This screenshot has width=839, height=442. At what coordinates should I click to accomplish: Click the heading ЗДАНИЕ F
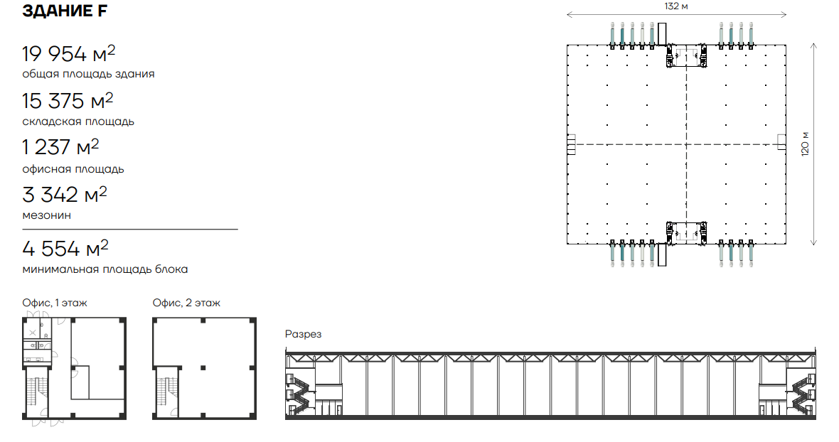[x=65, y=11]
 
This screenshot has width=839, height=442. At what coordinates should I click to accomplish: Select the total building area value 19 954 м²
[x=68, y=53]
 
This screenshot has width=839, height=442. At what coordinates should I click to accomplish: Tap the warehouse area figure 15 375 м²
[x=68, y=100]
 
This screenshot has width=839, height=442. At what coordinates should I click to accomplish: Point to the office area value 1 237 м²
[x=60, y=147]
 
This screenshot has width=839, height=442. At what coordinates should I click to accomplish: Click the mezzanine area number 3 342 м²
[x=64, y=195]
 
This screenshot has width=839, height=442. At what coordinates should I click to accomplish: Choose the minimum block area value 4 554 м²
[x=65, y=248]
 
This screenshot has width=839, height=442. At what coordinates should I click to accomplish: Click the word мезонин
[x=46, y=215]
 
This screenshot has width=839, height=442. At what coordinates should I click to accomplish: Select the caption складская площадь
[x=78, y=122]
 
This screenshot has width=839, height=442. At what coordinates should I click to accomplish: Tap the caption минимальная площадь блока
[x=105, y=269]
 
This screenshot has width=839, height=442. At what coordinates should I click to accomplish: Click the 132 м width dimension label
[x=675, y=6]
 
